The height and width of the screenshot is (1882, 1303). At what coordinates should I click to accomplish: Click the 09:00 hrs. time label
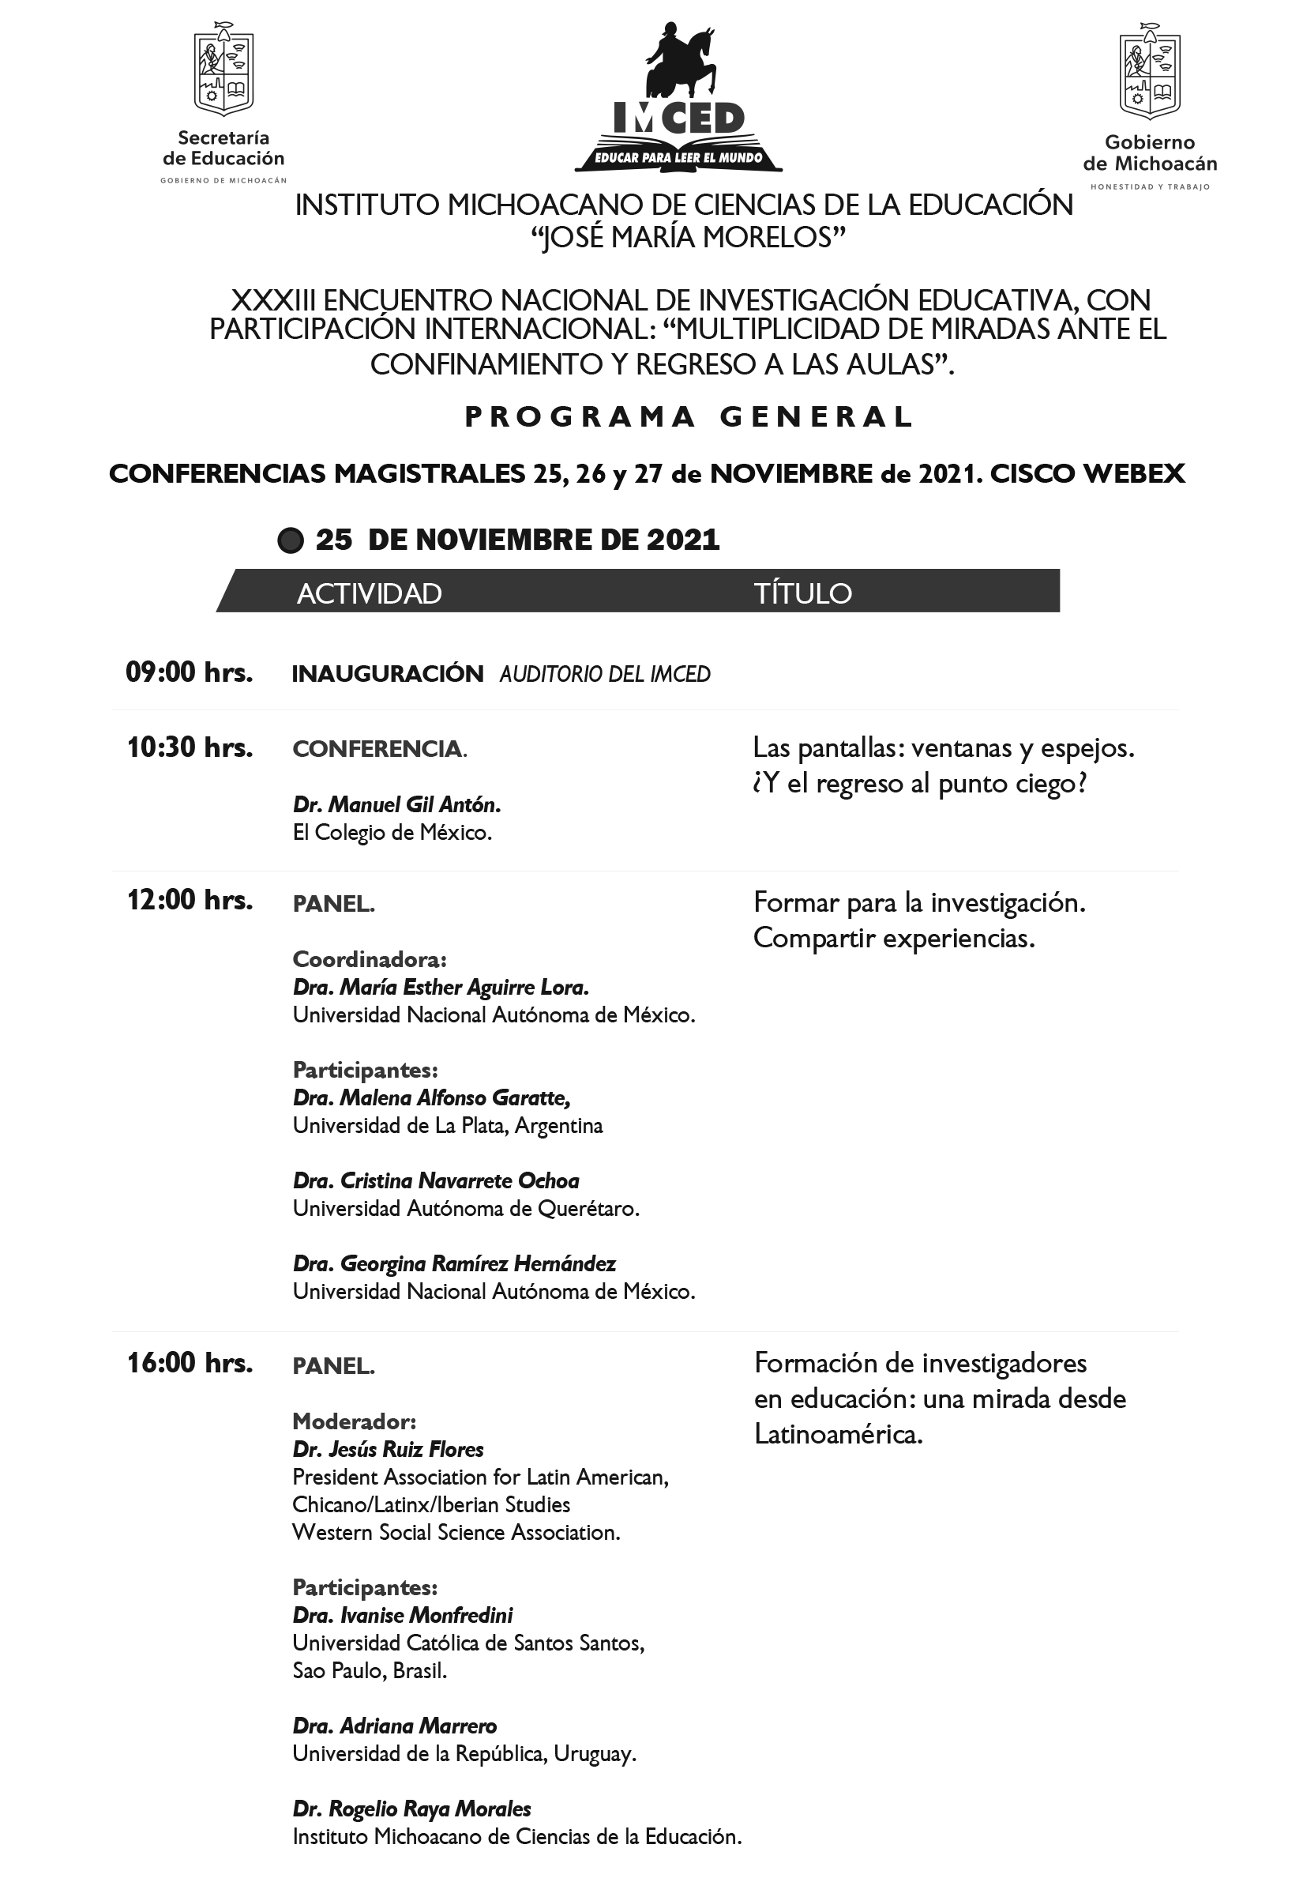click(190, 672)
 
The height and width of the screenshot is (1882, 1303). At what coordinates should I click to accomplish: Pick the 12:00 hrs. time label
click(190, 900)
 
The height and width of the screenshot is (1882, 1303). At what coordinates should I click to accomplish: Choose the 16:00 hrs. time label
click(190, 1362)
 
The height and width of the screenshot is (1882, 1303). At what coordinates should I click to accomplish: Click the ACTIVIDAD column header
click(369, 593)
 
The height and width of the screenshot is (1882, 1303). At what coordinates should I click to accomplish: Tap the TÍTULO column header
click(802, 593)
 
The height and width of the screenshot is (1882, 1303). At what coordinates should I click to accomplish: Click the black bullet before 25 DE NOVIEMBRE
click(290, 540)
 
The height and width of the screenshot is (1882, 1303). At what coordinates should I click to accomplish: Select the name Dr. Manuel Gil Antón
click(396, 804)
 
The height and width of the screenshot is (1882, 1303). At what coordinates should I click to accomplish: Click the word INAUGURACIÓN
click(388, 674)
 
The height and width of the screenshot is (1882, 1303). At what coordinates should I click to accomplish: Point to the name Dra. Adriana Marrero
click(394, 1726)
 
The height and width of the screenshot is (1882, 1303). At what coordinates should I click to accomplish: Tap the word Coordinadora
click(369, 959)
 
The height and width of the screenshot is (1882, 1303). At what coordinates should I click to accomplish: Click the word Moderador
click(355, 1421)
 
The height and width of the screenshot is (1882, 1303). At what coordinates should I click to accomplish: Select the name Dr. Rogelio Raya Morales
click(411, 1809)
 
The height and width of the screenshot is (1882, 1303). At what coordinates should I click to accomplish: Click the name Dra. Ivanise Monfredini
click(403, 1615)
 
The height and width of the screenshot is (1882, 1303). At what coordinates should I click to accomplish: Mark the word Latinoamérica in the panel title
click(838, 1434)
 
